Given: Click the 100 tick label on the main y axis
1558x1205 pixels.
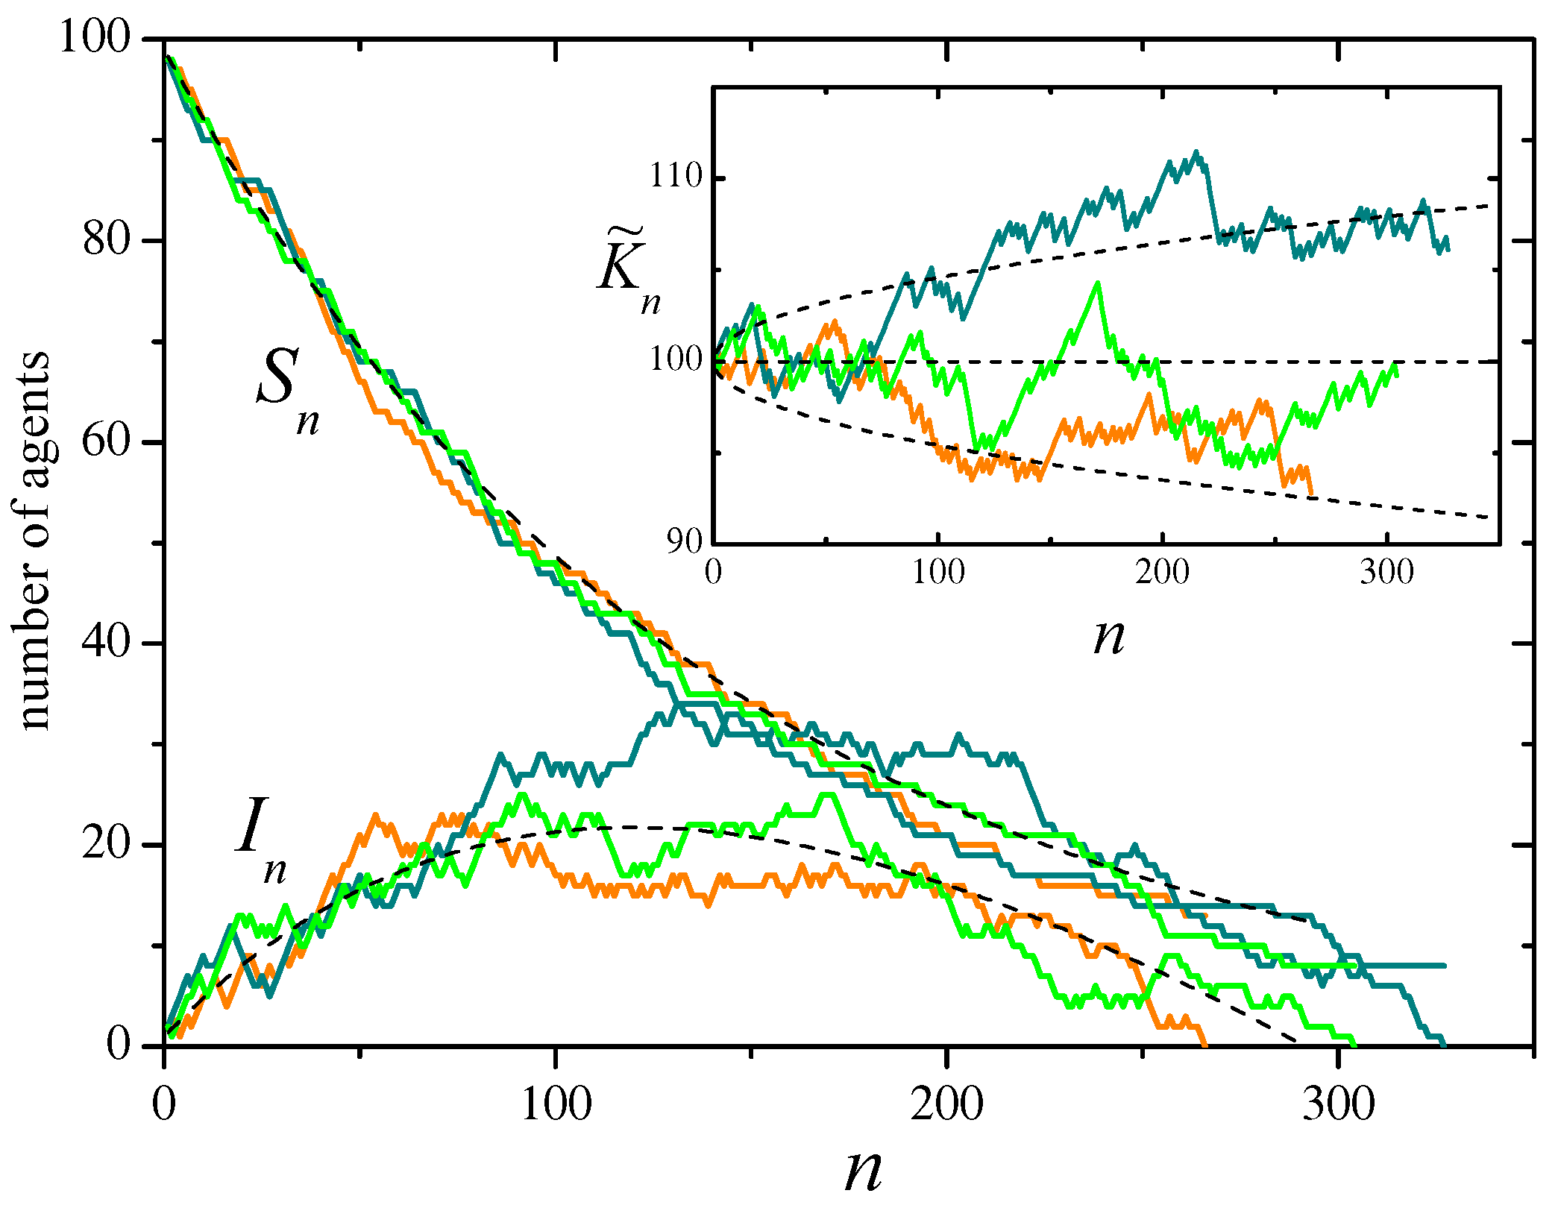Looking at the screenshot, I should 95,37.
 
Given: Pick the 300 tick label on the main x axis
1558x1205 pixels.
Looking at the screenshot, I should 1339,1104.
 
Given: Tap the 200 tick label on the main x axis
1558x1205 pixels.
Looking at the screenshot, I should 946,1104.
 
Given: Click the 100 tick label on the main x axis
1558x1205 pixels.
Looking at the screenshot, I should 556,1104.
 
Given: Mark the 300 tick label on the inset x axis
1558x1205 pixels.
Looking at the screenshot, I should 1386,573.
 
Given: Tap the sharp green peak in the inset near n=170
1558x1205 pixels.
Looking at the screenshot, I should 1097,283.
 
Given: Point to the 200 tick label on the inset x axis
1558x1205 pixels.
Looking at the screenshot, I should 1162,573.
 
